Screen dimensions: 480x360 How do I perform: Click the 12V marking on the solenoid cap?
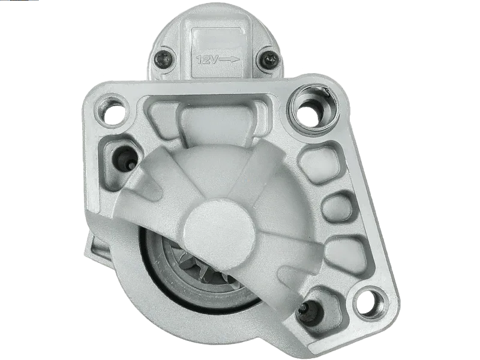point(207,59)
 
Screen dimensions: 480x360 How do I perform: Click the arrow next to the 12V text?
point(229,59)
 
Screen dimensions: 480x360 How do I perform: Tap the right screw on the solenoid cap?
point(269,58)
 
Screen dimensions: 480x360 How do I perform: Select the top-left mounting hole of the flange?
point(112,112)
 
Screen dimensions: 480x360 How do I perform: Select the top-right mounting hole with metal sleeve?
point(313,109)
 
